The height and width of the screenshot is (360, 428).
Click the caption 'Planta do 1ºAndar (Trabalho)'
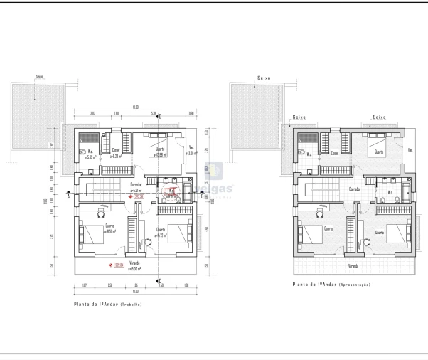pos(107,304)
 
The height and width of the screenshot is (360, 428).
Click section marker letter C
pos(159,280)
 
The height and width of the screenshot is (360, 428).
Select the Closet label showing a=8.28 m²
pos(117,152)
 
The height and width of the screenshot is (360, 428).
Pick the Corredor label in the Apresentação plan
pos(353,189)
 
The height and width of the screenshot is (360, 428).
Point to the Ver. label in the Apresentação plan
pos(410,150)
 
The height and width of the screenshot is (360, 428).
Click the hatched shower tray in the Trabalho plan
pos(90,137)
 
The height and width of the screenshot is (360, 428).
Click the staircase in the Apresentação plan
pos(320,190)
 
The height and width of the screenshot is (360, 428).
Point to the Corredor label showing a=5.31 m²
pos(134,189)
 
